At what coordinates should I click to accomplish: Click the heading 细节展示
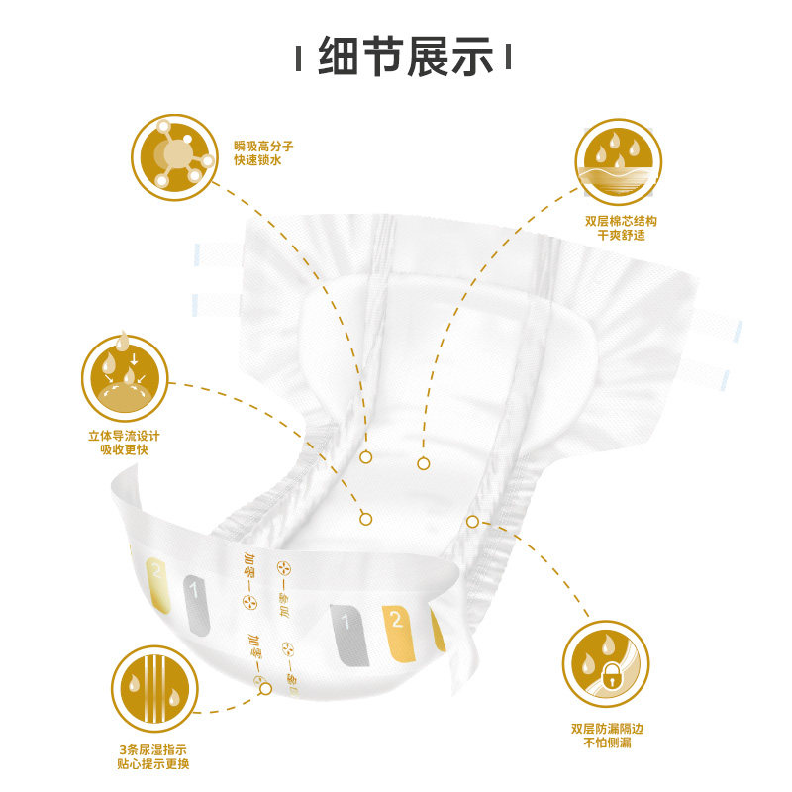406,56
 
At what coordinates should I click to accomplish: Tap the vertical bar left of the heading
300,58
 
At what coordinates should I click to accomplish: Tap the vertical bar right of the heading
512,58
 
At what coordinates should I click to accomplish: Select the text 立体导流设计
124,436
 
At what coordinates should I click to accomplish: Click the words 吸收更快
124,450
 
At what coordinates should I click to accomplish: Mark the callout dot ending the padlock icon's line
472,521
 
